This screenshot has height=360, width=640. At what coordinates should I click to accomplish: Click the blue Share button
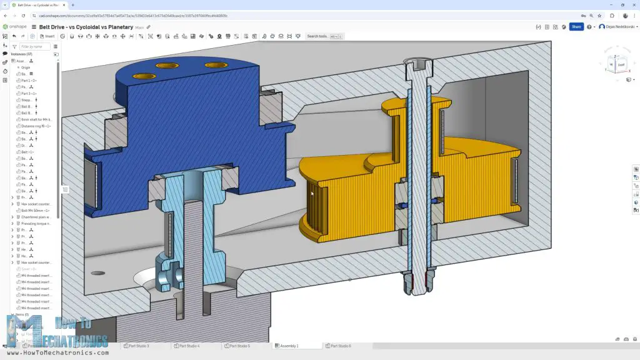click(x=576, y=27)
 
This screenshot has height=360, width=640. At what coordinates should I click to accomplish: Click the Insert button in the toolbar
click(x=47, y=36)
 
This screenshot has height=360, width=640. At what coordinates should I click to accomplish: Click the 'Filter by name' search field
click(x=34, y=46)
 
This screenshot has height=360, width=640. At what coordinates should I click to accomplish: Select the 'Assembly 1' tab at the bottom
click(x=288, y=346)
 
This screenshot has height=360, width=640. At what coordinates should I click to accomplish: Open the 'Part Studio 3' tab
click(x=138, y=346)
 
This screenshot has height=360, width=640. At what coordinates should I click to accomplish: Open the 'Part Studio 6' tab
click(x=340, y=346)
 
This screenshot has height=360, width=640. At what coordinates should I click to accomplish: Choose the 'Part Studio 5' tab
click(x=239, y=346)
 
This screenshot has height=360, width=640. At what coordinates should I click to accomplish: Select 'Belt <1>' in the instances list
click(x=27, y=152)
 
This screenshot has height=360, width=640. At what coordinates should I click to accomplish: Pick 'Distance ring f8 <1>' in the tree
click(x=36, y=126)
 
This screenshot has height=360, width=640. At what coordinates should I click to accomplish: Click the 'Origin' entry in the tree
click(x=26, y=67)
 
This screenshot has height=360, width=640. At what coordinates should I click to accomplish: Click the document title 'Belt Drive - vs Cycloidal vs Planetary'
click(x=86, y=27)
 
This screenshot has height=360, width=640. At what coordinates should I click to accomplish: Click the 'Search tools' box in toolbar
click(x=324, y=36)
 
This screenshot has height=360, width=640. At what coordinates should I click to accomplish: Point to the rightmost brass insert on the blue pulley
click(x=216, y=65)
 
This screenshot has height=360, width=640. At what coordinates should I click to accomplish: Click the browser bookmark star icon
click(x=593, y=16)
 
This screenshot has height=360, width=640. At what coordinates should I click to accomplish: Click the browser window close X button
click(x=632, y=4)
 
